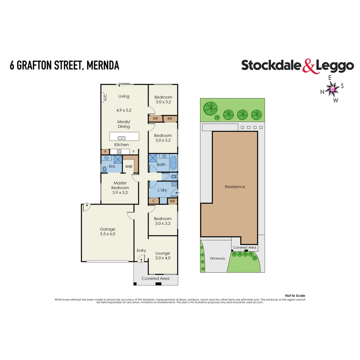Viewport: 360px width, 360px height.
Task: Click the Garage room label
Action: pos(108,229)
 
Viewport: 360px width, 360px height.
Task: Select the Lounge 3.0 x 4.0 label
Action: pos(163,255)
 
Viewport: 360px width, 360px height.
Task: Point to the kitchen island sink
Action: pos(121,138)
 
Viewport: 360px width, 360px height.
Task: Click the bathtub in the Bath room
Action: pos(173,163)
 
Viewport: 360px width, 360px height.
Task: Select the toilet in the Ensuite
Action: pos(105,169)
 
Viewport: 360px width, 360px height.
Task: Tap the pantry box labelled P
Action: pos(105,152)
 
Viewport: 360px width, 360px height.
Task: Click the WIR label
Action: pos(129,166)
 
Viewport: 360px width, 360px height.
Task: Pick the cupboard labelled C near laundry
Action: pos(154,201)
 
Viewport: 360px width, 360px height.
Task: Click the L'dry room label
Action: pos(162,190)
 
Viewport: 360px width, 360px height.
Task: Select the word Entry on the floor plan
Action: pos(141,251)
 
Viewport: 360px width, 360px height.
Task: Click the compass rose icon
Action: pos(332,89)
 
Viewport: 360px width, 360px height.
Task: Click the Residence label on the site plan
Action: pos(235,187)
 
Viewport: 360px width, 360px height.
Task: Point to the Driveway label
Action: pos(217,258)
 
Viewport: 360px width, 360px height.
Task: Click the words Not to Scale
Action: pos(295,296)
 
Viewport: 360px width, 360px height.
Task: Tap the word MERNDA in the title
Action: pos(103,65)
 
